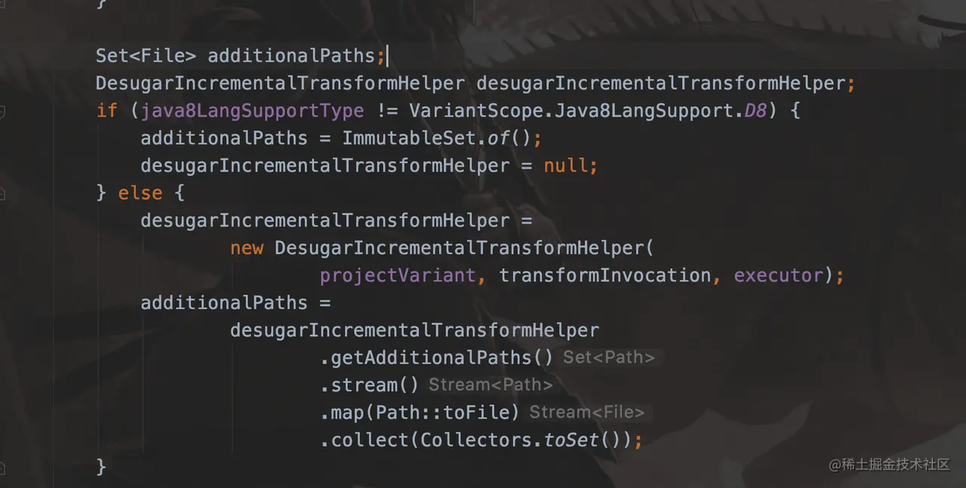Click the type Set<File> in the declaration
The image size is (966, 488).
146,56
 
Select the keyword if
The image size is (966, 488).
106,111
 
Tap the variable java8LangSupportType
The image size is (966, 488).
252,111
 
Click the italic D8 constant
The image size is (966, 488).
755,111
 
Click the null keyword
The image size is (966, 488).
565,166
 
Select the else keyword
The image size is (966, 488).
140,193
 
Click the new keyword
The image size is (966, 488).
247,248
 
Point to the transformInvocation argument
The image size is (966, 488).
605,275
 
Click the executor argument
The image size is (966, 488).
778,275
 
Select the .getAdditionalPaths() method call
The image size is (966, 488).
437,358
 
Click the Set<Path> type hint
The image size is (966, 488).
609,358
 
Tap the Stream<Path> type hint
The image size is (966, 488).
491,385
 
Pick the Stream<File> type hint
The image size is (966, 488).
586,413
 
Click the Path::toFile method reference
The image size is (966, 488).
448,413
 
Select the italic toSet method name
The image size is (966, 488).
571,440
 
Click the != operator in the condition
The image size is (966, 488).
386,111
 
